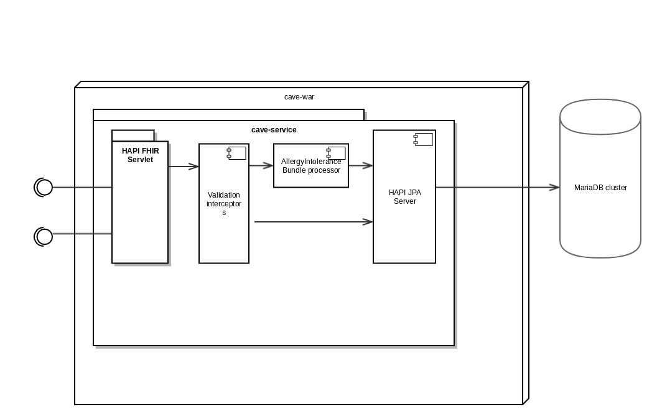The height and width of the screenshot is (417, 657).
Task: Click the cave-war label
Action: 299,97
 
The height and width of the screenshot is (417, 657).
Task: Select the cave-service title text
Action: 274,130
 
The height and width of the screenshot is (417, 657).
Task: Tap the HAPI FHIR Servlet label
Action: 140,155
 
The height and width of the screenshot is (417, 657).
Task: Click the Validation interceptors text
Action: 224,204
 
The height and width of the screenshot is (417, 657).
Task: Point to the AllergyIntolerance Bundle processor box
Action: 310,167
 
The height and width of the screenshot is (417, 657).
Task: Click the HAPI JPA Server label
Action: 404,197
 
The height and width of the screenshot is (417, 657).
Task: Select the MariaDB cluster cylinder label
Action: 600,188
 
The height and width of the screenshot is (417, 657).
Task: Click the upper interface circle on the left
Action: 44,187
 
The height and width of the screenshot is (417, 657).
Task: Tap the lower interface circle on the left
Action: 44,236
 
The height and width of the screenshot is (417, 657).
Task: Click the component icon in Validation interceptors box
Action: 236,153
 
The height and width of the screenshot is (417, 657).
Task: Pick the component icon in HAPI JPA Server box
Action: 423,139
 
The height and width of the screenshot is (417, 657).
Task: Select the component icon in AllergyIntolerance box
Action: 336,153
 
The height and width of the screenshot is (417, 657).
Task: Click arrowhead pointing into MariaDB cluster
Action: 554,187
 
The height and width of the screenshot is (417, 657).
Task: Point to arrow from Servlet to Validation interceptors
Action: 184,167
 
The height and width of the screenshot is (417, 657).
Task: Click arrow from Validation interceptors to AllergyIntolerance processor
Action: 261,165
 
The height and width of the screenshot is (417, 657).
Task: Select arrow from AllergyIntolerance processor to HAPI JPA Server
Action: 361,165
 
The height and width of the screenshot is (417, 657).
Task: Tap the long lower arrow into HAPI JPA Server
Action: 311,221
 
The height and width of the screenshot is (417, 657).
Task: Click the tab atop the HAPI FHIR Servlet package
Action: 133,135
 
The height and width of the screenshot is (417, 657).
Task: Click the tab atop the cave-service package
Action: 228,115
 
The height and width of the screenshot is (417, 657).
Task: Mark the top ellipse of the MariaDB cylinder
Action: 600,116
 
